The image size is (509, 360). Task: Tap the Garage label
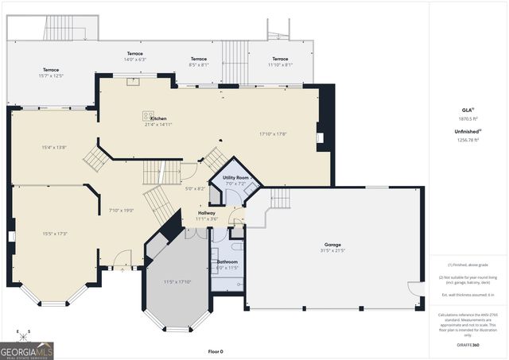point(332,245)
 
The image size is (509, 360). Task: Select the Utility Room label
point(235,177)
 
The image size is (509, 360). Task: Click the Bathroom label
point(227,261)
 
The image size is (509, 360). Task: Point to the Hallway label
point(206,213)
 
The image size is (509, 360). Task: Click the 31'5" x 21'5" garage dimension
point(332,251)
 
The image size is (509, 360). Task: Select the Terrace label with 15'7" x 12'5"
point(51,70)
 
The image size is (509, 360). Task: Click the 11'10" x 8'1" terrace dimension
point(280,65)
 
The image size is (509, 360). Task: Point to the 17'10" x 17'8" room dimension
point(273,134)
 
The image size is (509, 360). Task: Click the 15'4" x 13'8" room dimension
point(54,148)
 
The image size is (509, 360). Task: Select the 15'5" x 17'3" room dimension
point(54,234)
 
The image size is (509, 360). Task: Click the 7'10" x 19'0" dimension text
point(121,211)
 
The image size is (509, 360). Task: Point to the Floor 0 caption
point(216,350)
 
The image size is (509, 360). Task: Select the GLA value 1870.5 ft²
point(468,118)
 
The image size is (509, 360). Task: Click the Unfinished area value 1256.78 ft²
point(468,140)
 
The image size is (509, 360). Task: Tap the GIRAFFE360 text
point(468,346)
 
